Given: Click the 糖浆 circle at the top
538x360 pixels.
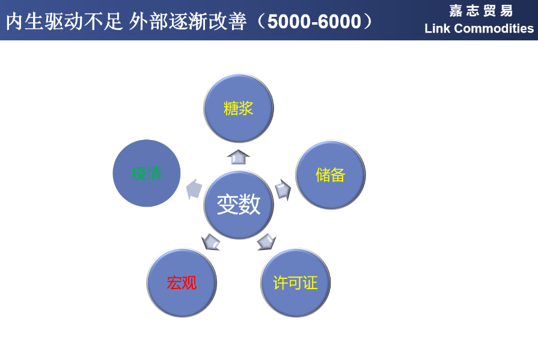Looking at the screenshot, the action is click(x=239, y=108).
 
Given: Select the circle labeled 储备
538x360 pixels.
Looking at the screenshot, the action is click(x=331, y=175).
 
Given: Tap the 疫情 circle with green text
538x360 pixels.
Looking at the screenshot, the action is click(x=147, y=173).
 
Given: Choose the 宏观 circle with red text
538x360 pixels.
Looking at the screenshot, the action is click(x=182, y=283).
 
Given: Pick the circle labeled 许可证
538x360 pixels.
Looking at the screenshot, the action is click(x=295, y=283).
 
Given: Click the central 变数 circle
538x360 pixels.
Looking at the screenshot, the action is click(x=239, y=204).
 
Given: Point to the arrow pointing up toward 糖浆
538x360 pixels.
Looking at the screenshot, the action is click(x=239, y=157).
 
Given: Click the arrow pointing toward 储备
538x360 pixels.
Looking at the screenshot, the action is click(x=283, y=189).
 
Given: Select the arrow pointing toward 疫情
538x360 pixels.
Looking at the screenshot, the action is click(x=194, y=189).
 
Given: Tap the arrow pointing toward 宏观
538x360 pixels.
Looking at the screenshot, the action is click(x=210, y=242).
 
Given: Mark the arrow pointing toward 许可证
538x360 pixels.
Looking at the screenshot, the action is click(x=267, y=242).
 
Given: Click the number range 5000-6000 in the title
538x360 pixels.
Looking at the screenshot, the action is click(x=314, y=22).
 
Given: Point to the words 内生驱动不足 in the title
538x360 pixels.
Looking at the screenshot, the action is click(x=64, y=21).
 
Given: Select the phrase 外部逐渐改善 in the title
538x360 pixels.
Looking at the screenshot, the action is click(x=188, y=21).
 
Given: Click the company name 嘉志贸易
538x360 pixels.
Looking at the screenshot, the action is click(x=481, y=11).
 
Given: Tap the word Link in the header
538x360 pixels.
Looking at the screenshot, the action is click(x=437, y=28).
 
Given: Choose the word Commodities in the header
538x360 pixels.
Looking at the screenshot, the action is click(x=494, y=28).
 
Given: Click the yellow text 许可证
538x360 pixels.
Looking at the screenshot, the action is click(x=295, y=283).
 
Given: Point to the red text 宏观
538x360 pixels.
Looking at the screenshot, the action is click(x=182, y=283).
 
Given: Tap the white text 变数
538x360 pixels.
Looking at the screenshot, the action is click(x=239, y=204).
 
